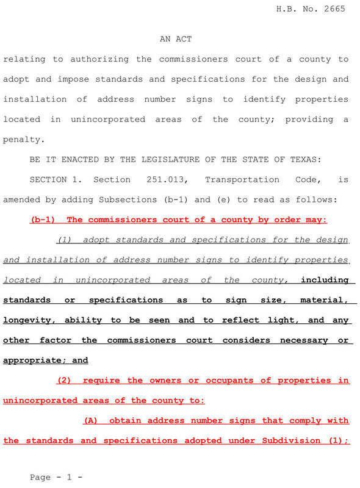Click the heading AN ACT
coord(176,39)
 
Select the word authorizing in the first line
coord(99,59)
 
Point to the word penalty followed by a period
coord(24,139)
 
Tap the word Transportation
coord(242,179)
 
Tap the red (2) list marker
coord(64,380)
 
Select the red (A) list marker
coord(91,420)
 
